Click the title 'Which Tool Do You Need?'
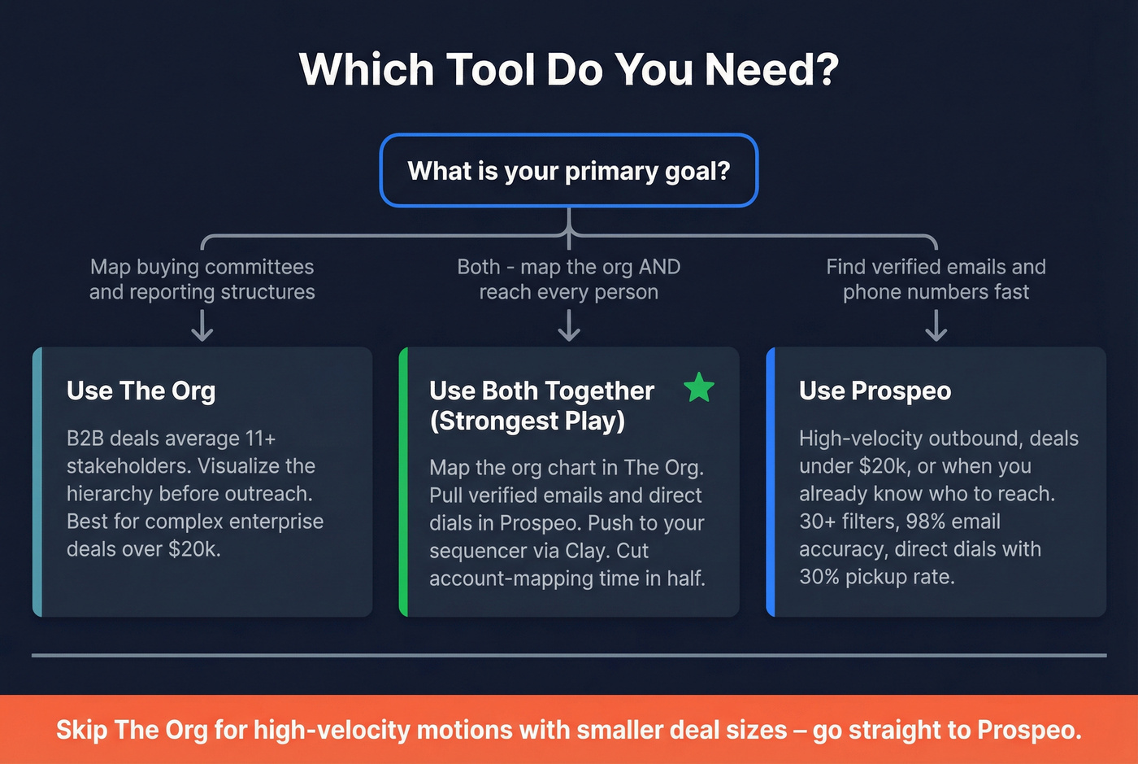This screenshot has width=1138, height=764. coord(569,70)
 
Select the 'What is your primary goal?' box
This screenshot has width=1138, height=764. coord(569,171)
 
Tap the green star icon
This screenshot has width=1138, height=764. coord(699,388)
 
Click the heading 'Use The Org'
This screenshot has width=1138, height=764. coord(141,391)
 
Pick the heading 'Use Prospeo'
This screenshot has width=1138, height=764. coord(875,391)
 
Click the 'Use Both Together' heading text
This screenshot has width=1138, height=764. coord(541,391)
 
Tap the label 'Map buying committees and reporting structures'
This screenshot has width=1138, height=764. coord(202,279)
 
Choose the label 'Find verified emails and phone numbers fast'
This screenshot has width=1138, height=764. coord(936,279)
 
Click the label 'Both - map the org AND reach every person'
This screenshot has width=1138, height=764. coord(569,279)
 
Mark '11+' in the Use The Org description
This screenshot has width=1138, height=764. coord(260,439)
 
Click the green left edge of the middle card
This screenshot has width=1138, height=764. coord(403,482)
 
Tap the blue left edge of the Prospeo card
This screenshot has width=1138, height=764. coord(771,482)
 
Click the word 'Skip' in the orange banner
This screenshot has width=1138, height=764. coord(81,730)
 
